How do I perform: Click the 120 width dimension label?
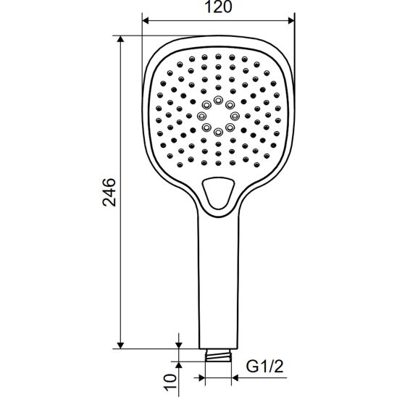(x=218, y=7)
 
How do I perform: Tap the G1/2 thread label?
(x=265, y=366)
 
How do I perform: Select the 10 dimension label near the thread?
(x=170, y=382)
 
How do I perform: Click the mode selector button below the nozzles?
(x=218, y=193)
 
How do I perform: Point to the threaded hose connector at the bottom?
(x=218, y=355)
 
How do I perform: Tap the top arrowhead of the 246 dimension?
(x=120, y=38)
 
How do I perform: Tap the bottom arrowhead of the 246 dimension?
(x=120, y=346)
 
